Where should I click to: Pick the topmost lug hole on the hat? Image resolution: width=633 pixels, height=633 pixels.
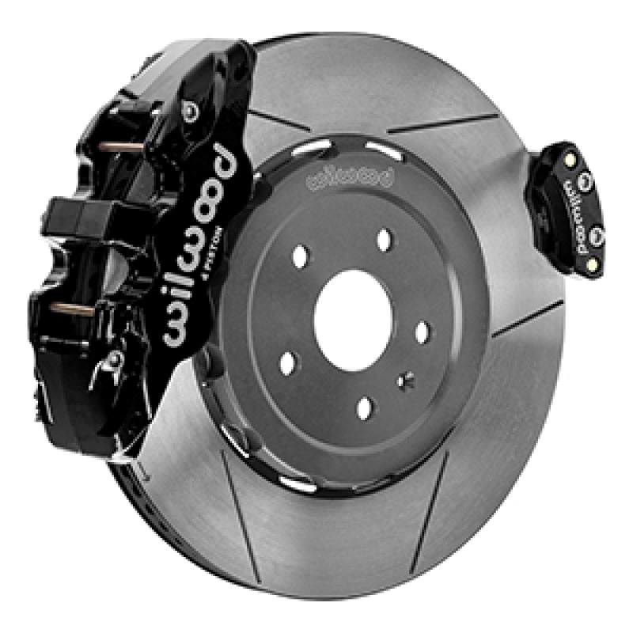[385, 240]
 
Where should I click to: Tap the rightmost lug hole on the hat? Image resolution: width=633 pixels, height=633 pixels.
[422, 330]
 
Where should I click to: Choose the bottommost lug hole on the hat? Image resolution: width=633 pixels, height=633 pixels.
[365, 407]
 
